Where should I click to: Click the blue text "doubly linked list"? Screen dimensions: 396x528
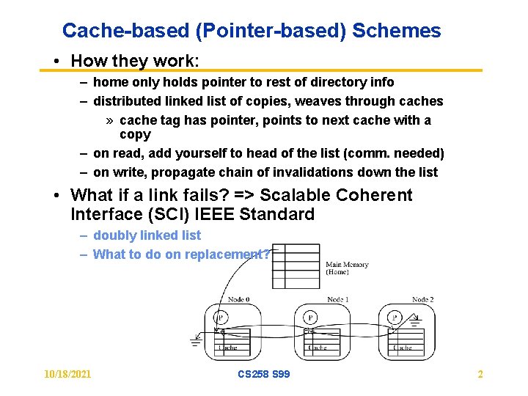(x=147, y=235)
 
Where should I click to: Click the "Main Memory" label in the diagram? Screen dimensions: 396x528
(x=347, y=265)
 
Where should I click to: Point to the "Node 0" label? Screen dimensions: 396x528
(x=239, y=299)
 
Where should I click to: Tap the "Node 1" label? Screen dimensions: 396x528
(x=337, y=299)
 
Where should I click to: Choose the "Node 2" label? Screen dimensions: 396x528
(x=422, y=299)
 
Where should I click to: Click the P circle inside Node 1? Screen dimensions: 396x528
(x=311, y=318)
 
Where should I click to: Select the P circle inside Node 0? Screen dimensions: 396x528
(x=221, y=318)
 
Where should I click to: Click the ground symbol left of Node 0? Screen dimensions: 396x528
(x=196, y=340)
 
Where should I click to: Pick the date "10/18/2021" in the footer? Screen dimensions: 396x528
(x=68, y=375)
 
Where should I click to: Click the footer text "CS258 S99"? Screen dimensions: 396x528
(x=264, y=375)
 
